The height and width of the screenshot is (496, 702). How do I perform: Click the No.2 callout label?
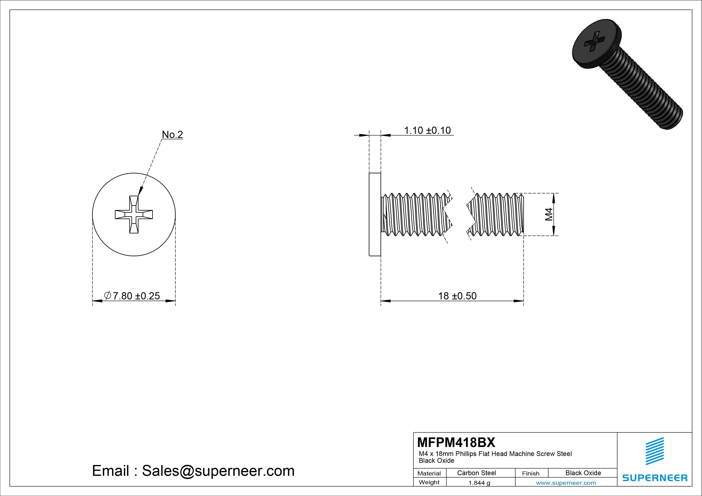(x=172, y=134)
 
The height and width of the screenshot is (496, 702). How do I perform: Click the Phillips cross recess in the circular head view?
(x=134, y=215)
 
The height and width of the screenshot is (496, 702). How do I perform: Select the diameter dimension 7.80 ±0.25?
(x=132, y=296)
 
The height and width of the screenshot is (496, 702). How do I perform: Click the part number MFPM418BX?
(x=456, y=442)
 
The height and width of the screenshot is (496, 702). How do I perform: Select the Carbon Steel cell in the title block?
(x=476, y=473)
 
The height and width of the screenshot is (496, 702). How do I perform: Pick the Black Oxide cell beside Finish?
(x=583, y=473)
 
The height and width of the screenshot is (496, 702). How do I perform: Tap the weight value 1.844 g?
(x=479, y=483)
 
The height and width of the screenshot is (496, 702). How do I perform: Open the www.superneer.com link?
(x=566, y=483)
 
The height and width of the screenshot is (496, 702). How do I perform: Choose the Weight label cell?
(x=429, y=482)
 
